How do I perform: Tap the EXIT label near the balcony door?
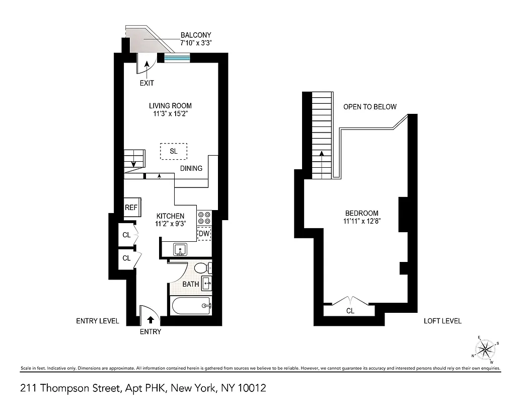pyautogui.click(x=147, y=83)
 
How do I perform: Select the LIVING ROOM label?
pyautogui.click(x=170, y=106)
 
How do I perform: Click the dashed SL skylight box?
pyautogui.click(x=174, y=151)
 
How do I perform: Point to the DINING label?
pyautogui.click(x=191, y=168)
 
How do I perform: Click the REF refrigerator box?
pyautogui.click(x=132, y=207)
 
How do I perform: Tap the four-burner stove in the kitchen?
pyautogui.click(x=204, y=218)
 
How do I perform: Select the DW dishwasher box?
pyautogui.click(x=204, y=234)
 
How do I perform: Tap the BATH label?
pyautogui.click(x=191, y=285)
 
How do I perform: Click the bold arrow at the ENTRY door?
pyautogui.click(x=150, y=319)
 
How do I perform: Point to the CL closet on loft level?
pyautogui.click(x=350, y=311)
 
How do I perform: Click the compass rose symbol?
pyautogui.click(x=485, y=349)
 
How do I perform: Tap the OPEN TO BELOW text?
pyautogui.click(x=369, y=107)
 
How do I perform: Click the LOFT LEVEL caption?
pyautogui.click(x=442, y=321)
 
